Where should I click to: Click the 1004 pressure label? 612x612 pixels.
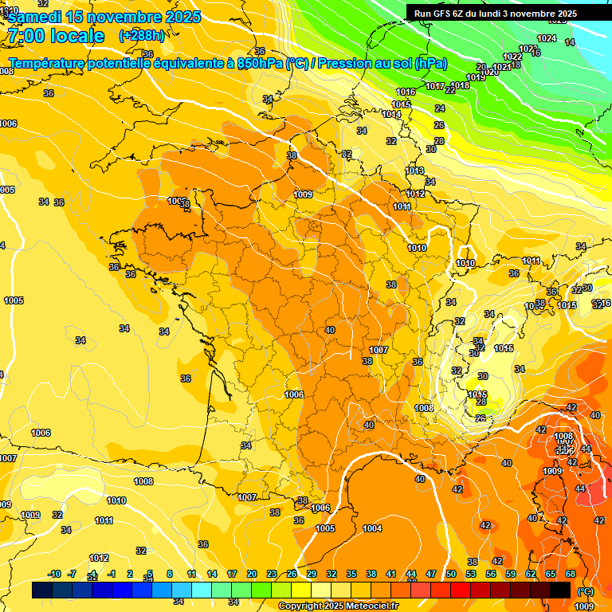click(372, 528)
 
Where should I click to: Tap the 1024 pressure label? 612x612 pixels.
click(547, 38)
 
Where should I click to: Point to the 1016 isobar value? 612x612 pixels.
click(406, 92)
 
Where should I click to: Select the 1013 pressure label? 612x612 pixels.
click(414, 171)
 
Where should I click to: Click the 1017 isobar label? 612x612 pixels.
click(435, 86)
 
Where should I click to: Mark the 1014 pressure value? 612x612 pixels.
click(391, 115)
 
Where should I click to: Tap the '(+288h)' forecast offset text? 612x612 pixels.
click(142, 36)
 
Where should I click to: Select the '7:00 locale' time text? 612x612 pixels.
click(56, 36)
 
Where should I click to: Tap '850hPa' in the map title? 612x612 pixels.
click(260, 63)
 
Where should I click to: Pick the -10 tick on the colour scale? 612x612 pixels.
click(54, 574)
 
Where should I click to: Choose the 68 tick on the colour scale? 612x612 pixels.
click(571, 574)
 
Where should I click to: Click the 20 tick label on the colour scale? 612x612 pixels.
click(251, 574)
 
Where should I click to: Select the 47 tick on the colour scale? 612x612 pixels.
click(430, 574)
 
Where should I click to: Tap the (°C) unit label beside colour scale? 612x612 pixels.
click(586, 590)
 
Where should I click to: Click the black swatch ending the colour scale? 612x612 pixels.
click(560, 590)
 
